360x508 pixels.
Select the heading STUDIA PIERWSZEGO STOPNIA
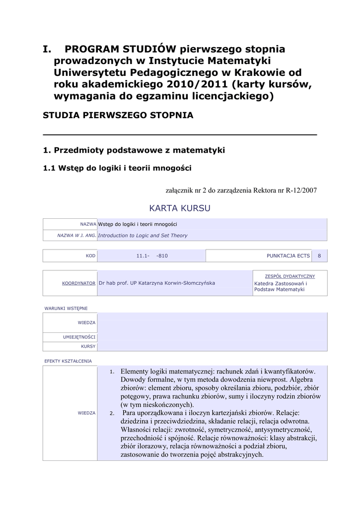(118, 115)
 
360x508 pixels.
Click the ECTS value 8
(319, 255)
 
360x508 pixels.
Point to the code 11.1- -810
(152, 255)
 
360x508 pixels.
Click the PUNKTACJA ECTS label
(288, 255)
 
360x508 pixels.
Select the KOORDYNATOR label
(78, 283)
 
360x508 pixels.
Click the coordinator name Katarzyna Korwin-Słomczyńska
(157, 283)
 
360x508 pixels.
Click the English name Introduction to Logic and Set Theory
(143, 236)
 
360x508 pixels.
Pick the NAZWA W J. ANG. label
(76, 236)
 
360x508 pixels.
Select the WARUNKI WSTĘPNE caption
(66, 308)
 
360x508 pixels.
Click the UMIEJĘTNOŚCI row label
(79, 337)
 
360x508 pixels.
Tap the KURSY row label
(88, 346)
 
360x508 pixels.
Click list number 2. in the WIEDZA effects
(112, 413)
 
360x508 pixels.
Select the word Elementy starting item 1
(138, 371)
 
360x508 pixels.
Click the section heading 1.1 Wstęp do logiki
(117, 168)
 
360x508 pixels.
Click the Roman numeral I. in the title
(47, 49)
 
